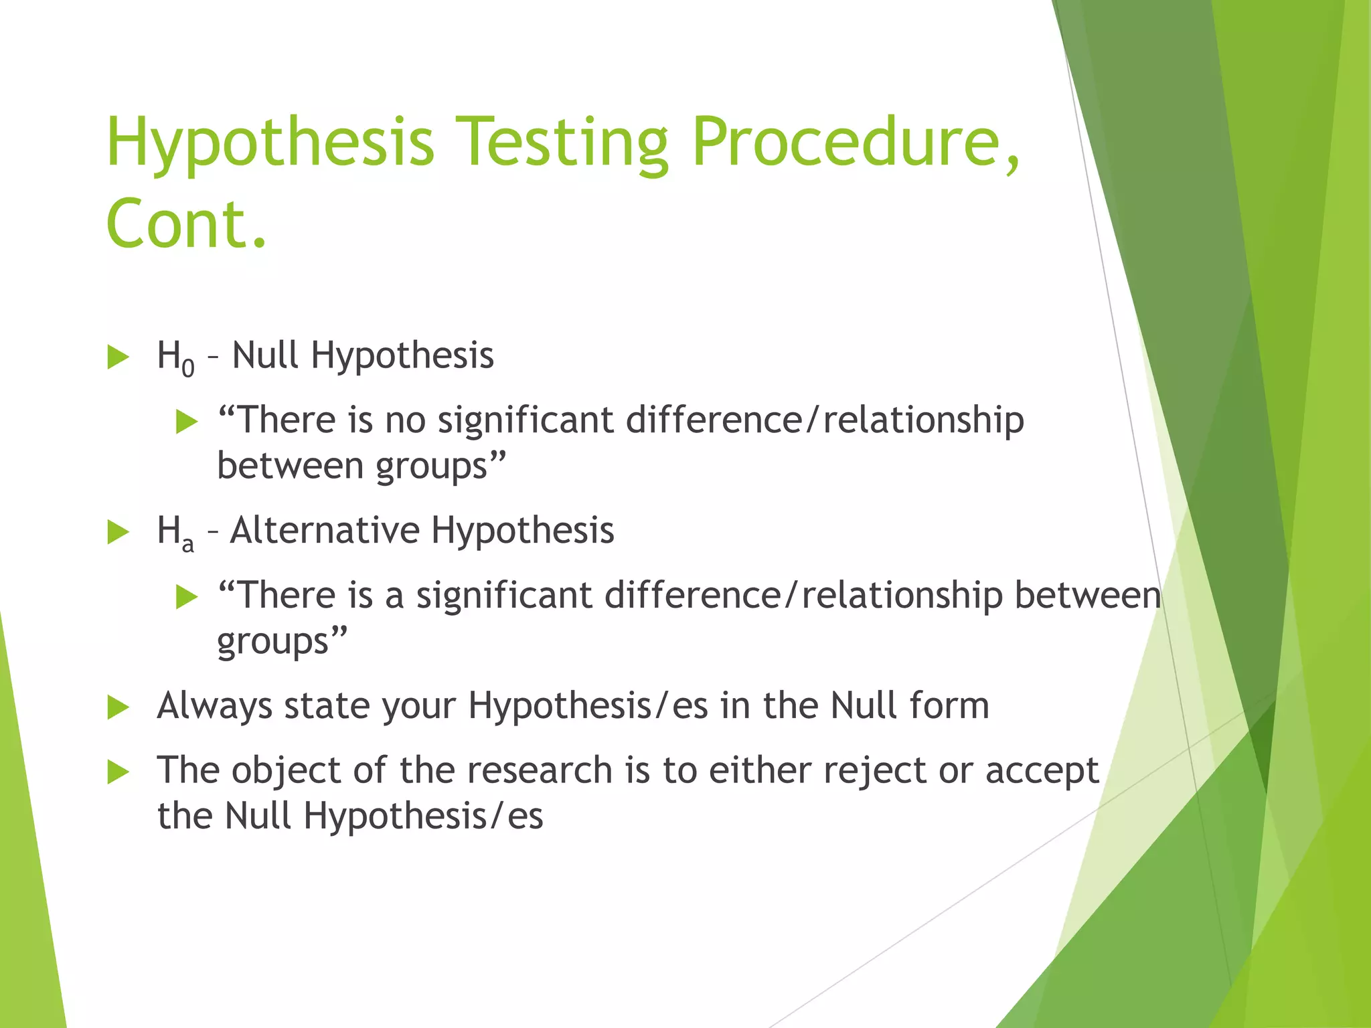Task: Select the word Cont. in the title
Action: [186, 223]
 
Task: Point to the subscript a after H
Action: [188, 543]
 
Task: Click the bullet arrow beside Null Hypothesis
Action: [118, 357]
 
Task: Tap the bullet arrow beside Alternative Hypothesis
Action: [118, 532]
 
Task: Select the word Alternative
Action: [324, 530]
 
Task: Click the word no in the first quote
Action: [405, 420]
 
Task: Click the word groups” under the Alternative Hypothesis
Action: [282, 641]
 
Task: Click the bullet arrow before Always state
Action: [118, 707]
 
